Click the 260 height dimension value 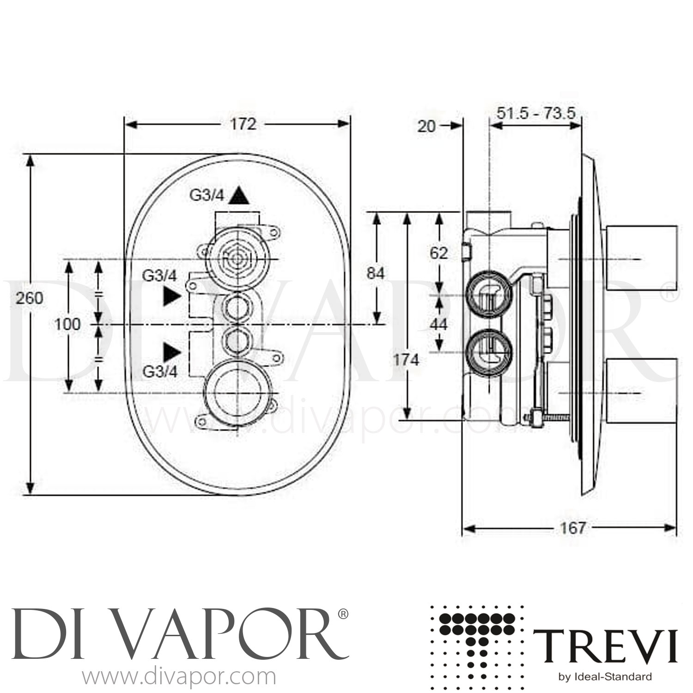(30, 298)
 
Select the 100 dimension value (67, 324)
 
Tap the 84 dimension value (375, 274)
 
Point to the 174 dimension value (405, 359)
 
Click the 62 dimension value (438, 253)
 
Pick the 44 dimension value (438, 324)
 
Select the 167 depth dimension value (573, 528)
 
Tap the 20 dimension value (426, 126)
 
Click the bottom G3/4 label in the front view (160, 372)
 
